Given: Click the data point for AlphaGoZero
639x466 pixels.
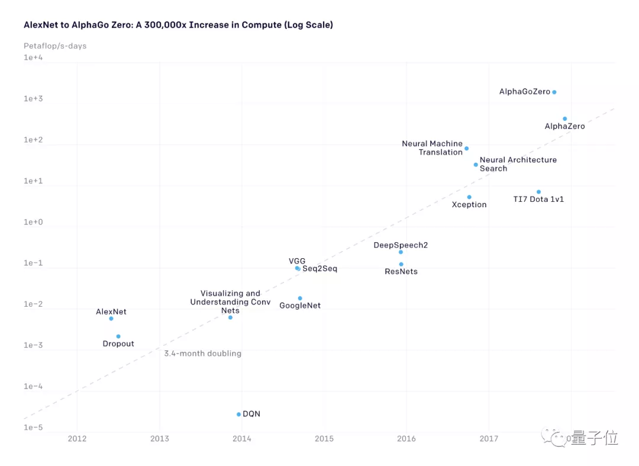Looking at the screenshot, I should coord(554,92).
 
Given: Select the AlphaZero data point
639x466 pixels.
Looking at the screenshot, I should coord(565,119).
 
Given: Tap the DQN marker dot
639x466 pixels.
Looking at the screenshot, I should coord(239,414).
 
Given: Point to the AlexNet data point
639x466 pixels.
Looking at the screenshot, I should coord(111,319).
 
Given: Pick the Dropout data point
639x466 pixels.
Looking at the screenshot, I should coord(118,336).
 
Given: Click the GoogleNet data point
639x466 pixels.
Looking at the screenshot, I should coord(300,298).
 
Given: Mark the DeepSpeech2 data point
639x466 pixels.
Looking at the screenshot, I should coord(401,252).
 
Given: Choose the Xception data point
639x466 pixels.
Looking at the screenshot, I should coord(469,197).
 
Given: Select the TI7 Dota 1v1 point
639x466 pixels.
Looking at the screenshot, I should coord(538,192).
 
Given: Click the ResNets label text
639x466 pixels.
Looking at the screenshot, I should coord(401,272).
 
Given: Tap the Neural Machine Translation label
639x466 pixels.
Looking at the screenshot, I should coord(433,148).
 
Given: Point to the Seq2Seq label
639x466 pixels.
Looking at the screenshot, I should coord(319,269).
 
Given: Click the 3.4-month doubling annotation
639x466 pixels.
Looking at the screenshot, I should coord(203,353).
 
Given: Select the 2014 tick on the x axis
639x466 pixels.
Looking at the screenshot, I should coord(241,439).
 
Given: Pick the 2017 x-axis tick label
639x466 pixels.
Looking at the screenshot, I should coord(489,439).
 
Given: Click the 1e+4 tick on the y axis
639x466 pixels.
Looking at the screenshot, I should coord(34,57).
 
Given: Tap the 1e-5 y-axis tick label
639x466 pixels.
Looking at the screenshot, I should coord(34,428).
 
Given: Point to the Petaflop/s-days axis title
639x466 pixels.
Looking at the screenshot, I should coord(55,46).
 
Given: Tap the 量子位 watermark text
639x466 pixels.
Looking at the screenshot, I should coord(595,438).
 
